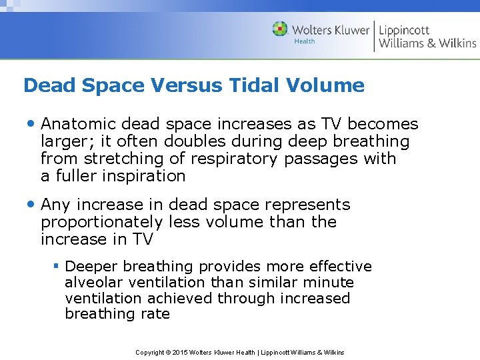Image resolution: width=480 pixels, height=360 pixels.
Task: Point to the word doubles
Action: tap(254, 141)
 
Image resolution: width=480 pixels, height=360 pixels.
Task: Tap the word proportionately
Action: tap(101, 222)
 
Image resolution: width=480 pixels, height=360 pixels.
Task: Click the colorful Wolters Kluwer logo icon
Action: tap(281, 29)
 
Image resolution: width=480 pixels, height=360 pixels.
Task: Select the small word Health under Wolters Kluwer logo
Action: tap(305, 41)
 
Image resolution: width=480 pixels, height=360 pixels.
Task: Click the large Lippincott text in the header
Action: tap(404, 29)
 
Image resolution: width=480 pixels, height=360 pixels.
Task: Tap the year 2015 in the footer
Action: tap(181, 352)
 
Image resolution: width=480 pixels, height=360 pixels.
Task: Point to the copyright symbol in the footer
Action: tap(167, 352)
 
